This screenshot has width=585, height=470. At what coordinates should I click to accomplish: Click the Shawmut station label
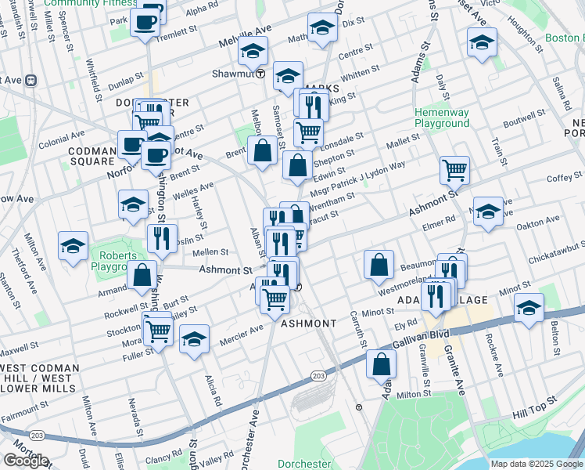[x=233, y=75]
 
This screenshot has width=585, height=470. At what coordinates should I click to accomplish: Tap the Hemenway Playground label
[x=442, y=118]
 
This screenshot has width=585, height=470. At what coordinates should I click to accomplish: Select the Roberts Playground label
[x=113, y=260]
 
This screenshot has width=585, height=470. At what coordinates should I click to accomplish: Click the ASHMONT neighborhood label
[x=308, y=324]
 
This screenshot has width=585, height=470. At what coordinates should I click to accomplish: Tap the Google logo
[x=26, y=460]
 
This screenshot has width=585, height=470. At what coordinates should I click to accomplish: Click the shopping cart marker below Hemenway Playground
[x=454, y=169]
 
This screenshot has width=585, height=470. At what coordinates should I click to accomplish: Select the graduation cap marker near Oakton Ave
[x=488, y=211]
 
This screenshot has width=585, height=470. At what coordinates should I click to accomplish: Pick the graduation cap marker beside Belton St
[x=529, y=309]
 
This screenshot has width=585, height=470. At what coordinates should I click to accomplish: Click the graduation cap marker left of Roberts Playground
[x=73, y=246]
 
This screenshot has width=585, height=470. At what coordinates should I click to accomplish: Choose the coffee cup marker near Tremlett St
[x=145, y=23]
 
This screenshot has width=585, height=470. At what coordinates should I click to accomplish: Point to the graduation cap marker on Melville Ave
[x=253, y=51]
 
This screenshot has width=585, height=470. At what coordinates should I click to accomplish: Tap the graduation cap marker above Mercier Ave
[x=195, y=339]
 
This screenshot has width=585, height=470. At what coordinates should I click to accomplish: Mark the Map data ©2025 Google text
[x=536, y=464]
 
